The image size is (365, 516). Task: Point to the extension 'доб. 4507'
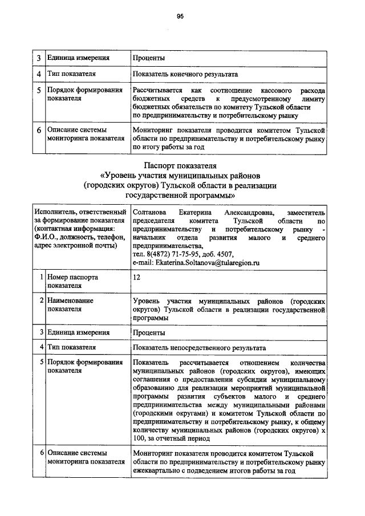[x=219, y=254]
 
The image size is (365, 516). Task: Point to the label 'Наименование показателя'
[x=70, y=304]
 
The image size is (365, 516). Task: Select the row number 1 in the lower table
[x=42, y=277]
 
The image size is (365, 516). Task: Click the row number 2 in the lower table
[x=42, y=300]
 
